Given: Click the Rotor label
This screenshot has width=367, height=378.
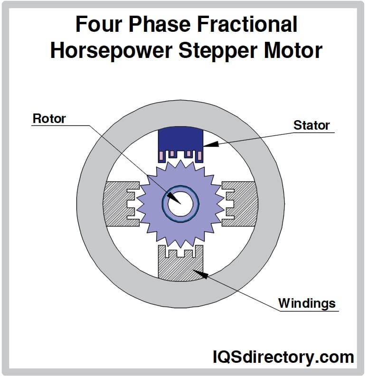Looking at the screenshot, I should [49, 118].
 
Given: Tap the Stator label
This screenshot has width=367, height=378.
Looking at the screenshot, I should [311, 125].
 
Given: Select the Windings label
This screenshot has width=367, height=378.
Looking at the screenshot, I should [307, 303].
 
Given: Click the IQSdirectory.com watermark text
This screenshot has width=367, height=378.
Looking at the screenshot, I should [282, 357].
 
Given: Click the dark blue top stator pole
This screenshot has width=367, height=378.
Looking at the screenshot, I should [180, 138].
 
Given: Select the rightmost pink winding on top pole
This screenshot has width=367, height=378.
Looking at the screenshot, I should [200, 155].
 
